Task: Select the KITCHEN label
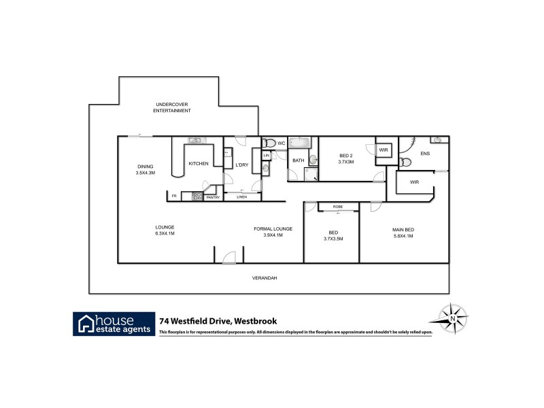click(x=198, y=163)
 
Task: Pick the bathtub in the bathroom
click(x=300, y=143)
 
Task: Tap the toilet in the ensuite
click(x=405, y=163)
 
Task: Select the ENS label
click(x=425, y=154)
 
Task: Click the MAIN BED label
click(x=403, y=229)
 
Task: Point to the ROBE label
click(x=337, y=206)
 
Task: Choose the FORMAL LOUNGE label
click(x=273, y=228)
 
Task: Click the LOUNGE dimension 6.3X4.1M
click(x=164, y=233)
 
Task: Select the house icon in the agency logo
click(x=86, y=323)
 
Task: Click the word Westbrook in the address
click(x=254, y=321)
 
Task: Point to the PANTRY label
click(x=213, y=197)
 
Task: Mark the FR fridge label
click(x=174, y=197)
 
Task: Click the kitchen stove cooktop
click(x=197, y=197)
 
